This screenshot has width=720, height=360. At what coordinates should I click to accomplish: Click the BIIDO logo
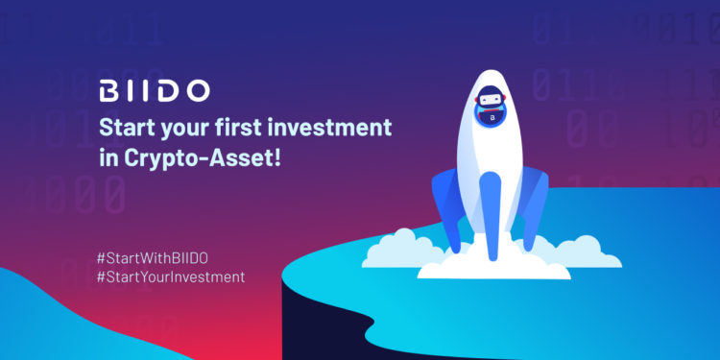(x=155, y=90)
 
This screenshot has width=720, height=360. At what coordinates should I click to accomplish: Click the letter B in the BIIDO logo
(x=109, y=90)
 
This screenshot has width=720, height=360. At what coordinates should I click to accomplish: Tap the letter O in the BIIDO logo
(x=198, y=90)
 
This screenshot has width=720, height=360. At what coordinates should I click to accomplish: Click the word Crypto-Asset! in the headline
(x=202, y=158)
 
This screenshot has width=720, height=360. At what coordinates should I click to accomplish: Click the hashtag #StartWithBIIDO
(x=152, y=258)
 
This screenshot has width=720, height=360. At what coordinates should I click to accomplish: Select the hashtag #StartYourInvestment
(x=171, y=276)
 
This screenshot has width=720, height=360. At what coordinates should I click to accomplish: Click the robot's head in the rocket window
(x=490, y=98)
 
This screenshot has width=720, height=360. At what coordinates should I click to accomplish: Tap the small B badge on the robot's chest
(x=491, y=119)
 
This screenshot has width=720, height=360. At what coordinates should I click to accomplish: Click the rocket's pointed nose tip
(x=490, y=70)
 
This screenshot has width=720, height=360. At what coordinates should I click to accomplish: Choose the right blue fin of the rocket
(x=533, y=206)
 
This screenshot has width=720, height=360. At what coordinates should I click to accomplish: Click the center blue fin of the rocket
(x=490, y=216)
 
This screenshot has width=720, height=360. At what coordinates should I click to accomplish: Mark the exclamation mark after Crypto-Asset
(x=276, y=157)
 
